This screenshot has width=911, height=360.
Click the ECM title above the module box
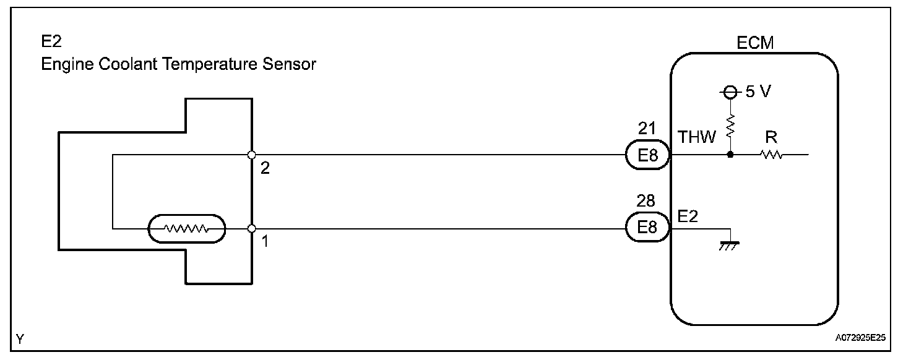point(755,43)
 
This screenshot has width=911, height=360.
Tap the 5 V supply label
point(758,92)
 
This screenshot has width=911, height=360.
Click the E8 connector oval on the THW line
point(647,155)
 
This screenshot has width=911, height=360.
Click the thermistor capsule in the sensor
point(186,229)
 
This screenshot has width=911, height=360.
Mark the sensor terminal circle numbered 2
point(251,155)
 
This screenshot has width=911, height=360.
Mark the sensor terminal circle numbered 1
point(251,229)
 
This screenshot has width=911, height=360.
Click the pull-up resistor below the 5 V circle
point(731,127)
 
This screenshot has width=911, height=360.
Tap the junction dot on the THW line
point(731,155)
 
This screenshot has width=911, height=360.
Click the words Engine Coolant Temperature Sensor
point(178,64)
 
